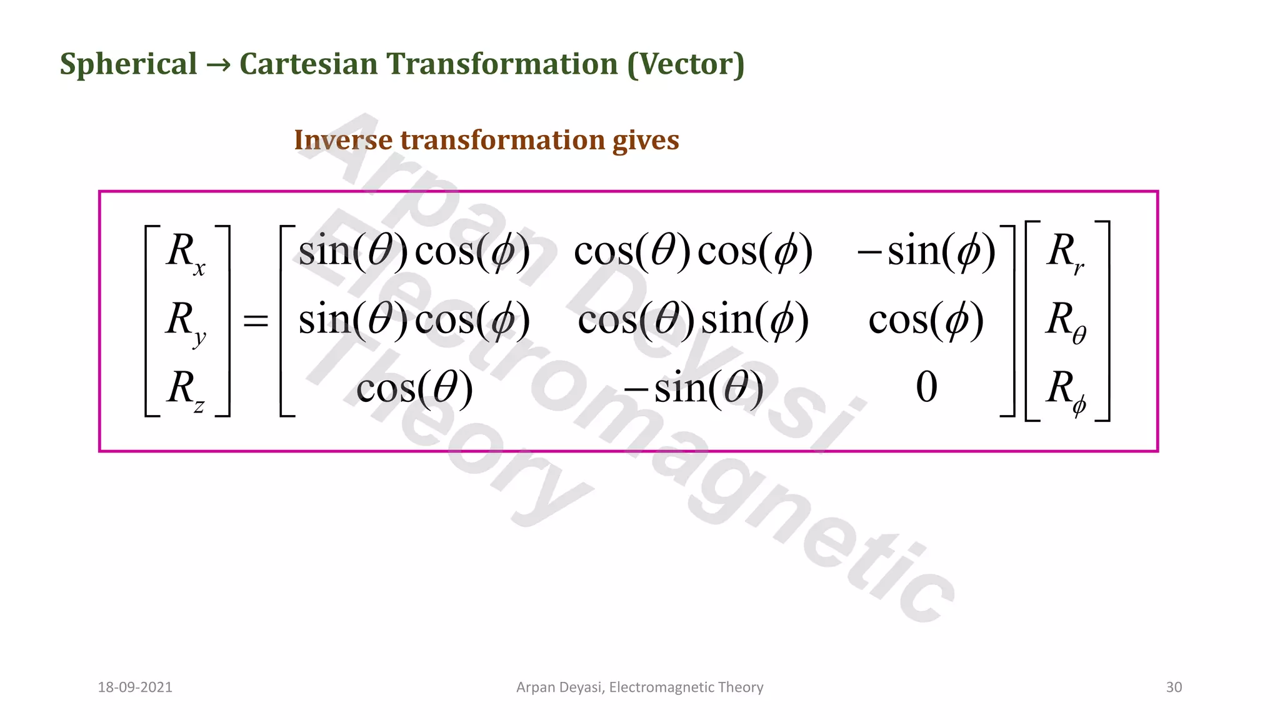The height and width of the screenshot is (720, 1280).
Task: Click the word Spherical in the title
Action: coord(128,64)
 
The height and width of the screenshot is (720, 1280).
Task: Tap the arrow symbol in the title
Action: coord(218,64)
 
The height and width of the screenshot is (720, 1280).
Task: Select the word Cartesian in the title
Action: coord(308,64)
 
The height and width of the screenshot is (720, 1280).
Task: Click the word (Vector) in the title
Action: coord(686,64)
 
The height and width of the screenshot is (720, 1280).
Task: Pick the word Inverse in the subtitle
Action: coord(342,140)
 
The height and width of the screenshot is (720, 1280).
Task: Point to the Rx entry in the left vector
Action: coord(186,253)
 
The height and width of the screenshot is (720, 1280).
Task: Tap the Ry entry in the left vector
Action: coord(186,322)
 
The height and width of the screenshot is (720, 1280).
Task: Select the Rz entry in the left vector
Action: coord(186,389)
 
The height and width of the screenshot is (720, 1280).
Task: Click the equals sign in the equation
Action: coord(255,322)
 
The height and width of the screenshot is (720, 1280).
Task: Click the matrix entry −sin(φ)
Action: coord(926,251)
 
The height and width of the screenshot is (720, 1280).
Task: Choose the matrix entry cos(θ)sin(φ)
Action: coord(693,320)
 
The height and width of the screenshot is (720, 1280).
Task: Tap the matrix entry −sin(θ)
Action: coord(693,388)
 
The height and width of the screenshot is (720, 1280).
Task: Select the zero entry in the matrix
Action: coord(926,387)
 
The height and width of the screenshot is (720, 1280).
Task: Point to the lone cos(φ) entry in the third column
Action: coord(926,320)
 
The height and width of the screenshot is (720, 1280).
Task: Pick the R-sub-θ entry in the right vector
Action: coord(1066,322)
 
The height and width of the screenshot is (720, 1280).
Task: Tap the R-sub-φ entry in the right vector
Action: coord(1066,391)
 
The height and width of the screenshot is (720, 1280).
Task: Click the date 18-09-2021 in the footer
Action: coord(135,687)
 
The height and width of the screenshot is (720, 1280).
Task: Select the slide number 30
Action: coord(1174,687)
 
